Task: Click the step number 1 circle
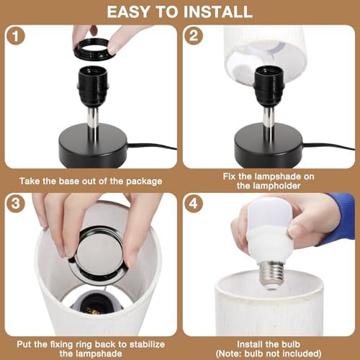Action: pos(16,36)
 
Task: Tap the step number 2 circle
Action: pos(194,36)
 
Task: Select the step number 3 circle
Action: pos(16,204)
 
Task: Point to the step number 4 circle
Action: pos(194,204)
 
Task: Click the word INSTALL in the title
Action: pos(217,12)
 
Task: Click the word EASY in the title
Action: pos(130,12)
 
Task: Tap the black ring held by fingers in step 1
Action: pos(94,48)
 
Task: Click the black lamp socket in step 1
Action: pos(93,86)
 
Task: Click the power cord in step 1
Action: pos(153,146)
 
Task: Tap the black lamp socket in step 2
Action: pos(269,86)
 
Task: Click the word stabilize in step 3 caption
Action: pos(147,344)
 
